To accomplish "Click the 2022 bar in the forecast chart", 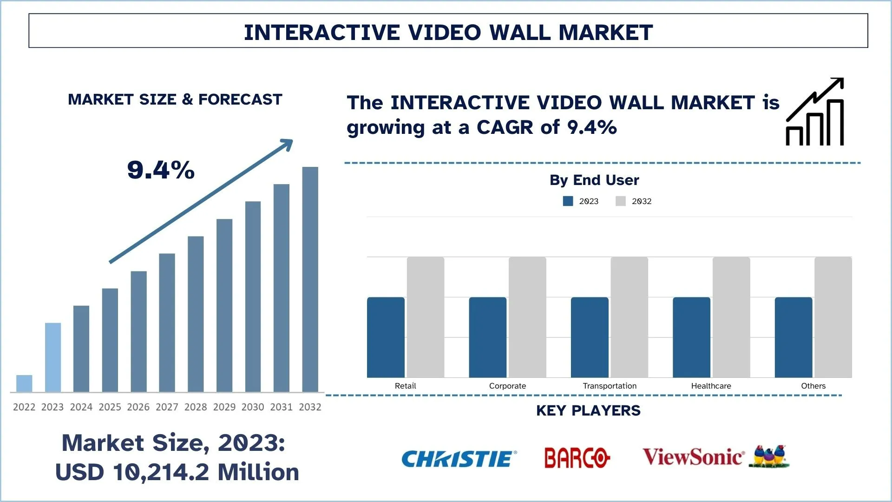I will pos(24,383).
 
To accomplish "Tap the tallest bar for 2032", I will pos(310,279).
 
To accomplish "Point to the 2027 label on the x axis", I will pos(167,407).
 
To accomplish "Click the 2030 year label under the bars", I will pos(253,407).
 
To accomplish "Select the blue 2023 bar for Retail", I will pos(386,337).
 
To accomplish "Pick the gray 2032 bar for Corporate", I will pos(527,317).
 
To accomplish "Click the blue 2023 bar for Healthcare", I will pos(691,337).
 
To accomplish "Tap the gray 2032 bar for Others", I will pos(833,317).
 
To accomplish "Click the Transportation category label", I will pos(610,386).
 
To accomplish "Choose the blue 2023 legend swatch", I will pos(568,201).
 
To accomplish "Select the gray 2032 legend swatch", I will pos(621,201).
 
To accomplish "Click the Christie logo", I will pos(459,459).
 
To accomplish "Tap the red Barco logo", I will pos(577,458).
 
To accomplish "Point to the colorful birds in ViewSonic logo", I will pos(769,456).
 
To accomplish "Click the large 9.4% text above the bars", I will pos(161,170).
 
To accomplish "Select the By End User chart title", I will pos(594,180).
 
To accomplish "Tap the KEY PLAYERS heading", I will pos(588,410).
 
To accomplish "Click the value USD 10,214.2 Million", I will pos(177,472).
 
